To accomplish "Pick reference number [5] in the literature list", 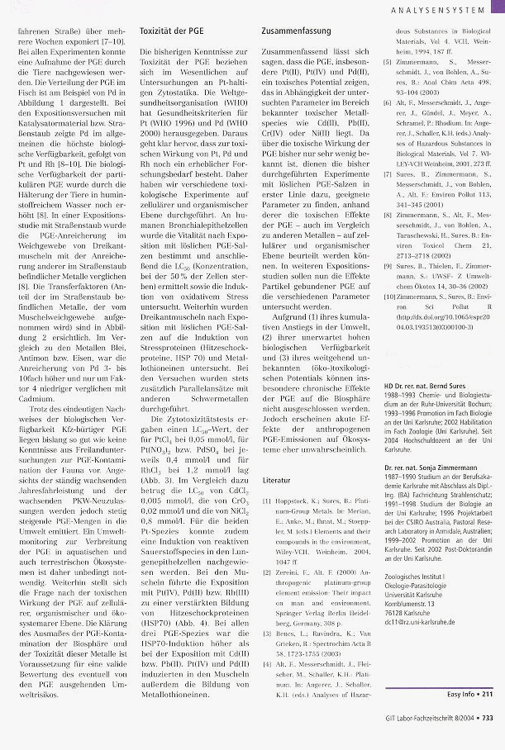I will (388, 60).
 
